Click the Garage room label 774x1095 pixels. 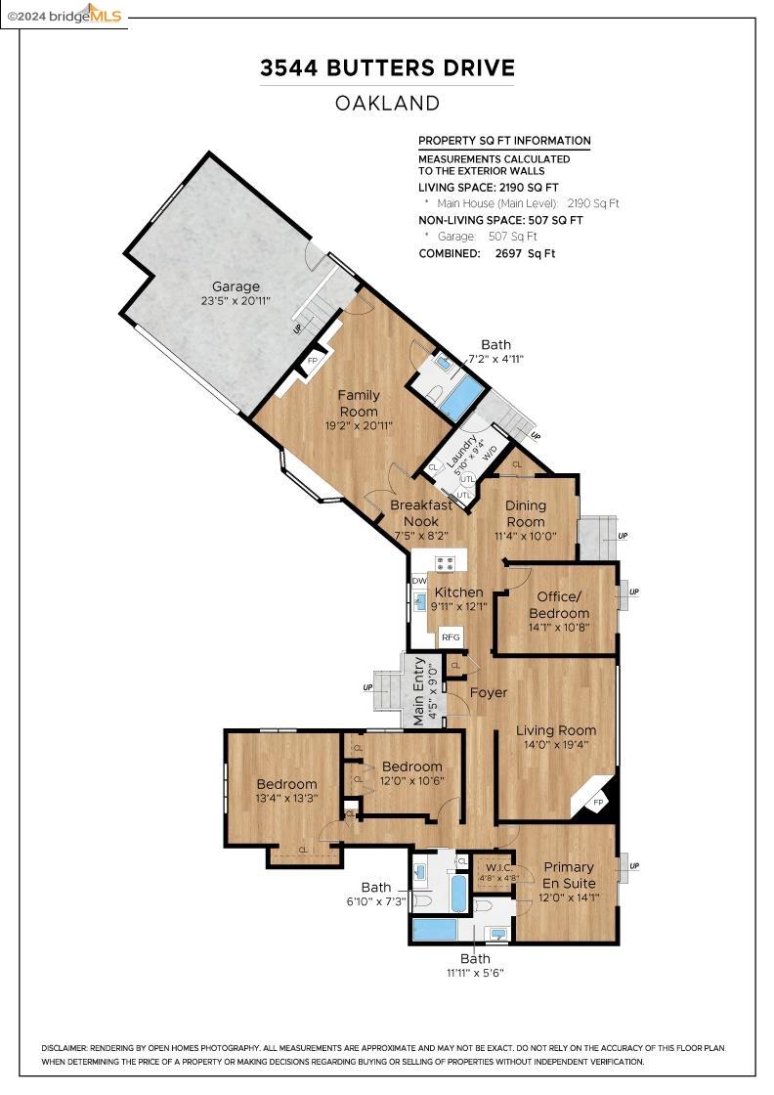pyautogui.click(x=236, y=286)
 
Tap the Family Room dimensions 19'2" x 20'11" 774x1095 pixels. pyautogui.click(x=359, y=426)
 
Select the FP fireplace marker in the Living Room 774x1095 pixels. pyautogui.click(x=598, y=803)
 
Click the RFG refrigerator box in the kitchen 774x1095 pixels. pyautogui.click(x=451, y=637)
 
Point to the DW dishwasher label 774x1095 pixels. pyautogui.click(x=419, y=581)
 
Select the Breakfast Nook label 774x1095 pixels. pyautogui.click(x=421, y=513)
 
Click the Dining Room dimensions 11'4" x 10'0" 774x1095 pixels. pyautogui.click(x=525, y=536)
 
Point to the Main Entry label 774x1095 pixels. pyautogui.click(x=420, y=692)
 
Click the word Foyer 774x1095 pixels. pyautogui.click(x=489, y=693)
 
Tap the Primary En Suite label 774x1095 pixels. pyautogui.click(x=569, y=875)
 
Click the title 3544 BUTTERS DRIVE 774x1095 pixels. pyautogui.click(x=387, y=68)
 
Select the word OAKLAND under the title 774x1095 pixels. pyautogui.click(x=387, y=103)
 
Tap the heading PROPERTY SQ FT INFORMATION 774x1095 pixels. pyautogui.click(x=504, y=141)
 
